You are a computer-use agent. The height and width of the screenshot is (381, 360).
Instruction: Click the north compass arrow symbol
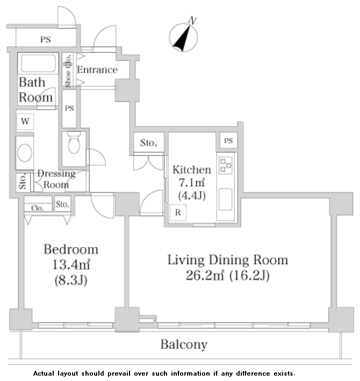[183, 38]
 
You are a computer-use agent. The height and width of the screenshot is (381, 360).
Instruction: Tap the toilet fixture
[74, 143]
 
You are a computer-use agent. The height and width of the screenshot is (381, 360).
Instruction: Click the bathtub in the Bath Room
[38, 63]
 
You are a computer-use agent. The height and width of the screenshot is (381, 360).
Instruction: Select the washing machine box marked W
[25, 121]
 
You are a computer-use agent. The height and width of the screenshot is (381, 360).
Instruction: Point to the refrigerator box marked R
[178, 213]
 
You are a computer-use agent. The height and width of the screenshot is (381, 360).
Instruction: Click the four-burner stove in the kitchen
[226, 165]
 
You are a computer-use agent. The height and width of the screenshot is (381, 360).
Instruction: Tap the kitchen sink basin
[225, 199]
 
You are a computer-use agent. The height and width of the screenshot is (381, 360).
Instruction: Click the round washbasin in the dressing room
[25, 153]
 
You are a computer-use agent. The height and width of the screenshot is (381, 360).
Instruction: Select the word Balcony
[184, 345]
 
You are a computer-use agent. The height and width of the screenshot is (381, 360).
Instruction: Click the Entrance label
[97, 70]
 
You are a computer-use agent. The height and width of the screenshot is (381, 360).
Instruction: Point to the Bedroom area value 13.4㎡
[71, 265]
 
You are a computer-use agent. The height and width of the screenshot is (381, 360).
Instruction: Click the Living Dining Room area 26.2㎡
[205, 275]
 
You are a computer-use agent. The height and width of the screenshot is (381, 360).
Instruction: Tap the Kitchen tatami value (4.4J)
[192, 195]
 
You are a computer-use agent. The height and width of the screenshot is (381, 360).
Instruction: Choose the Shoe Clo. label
[68, 71]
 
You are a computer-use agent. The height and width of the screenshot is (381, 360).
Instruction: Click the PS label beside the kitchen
[228, 141]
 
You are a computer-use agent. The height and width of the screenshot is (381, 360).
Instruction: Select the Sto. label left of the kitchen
[148, 143]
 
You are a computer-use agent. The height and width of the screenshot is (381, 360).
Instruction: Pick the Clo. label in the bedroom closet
[38, 208]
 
